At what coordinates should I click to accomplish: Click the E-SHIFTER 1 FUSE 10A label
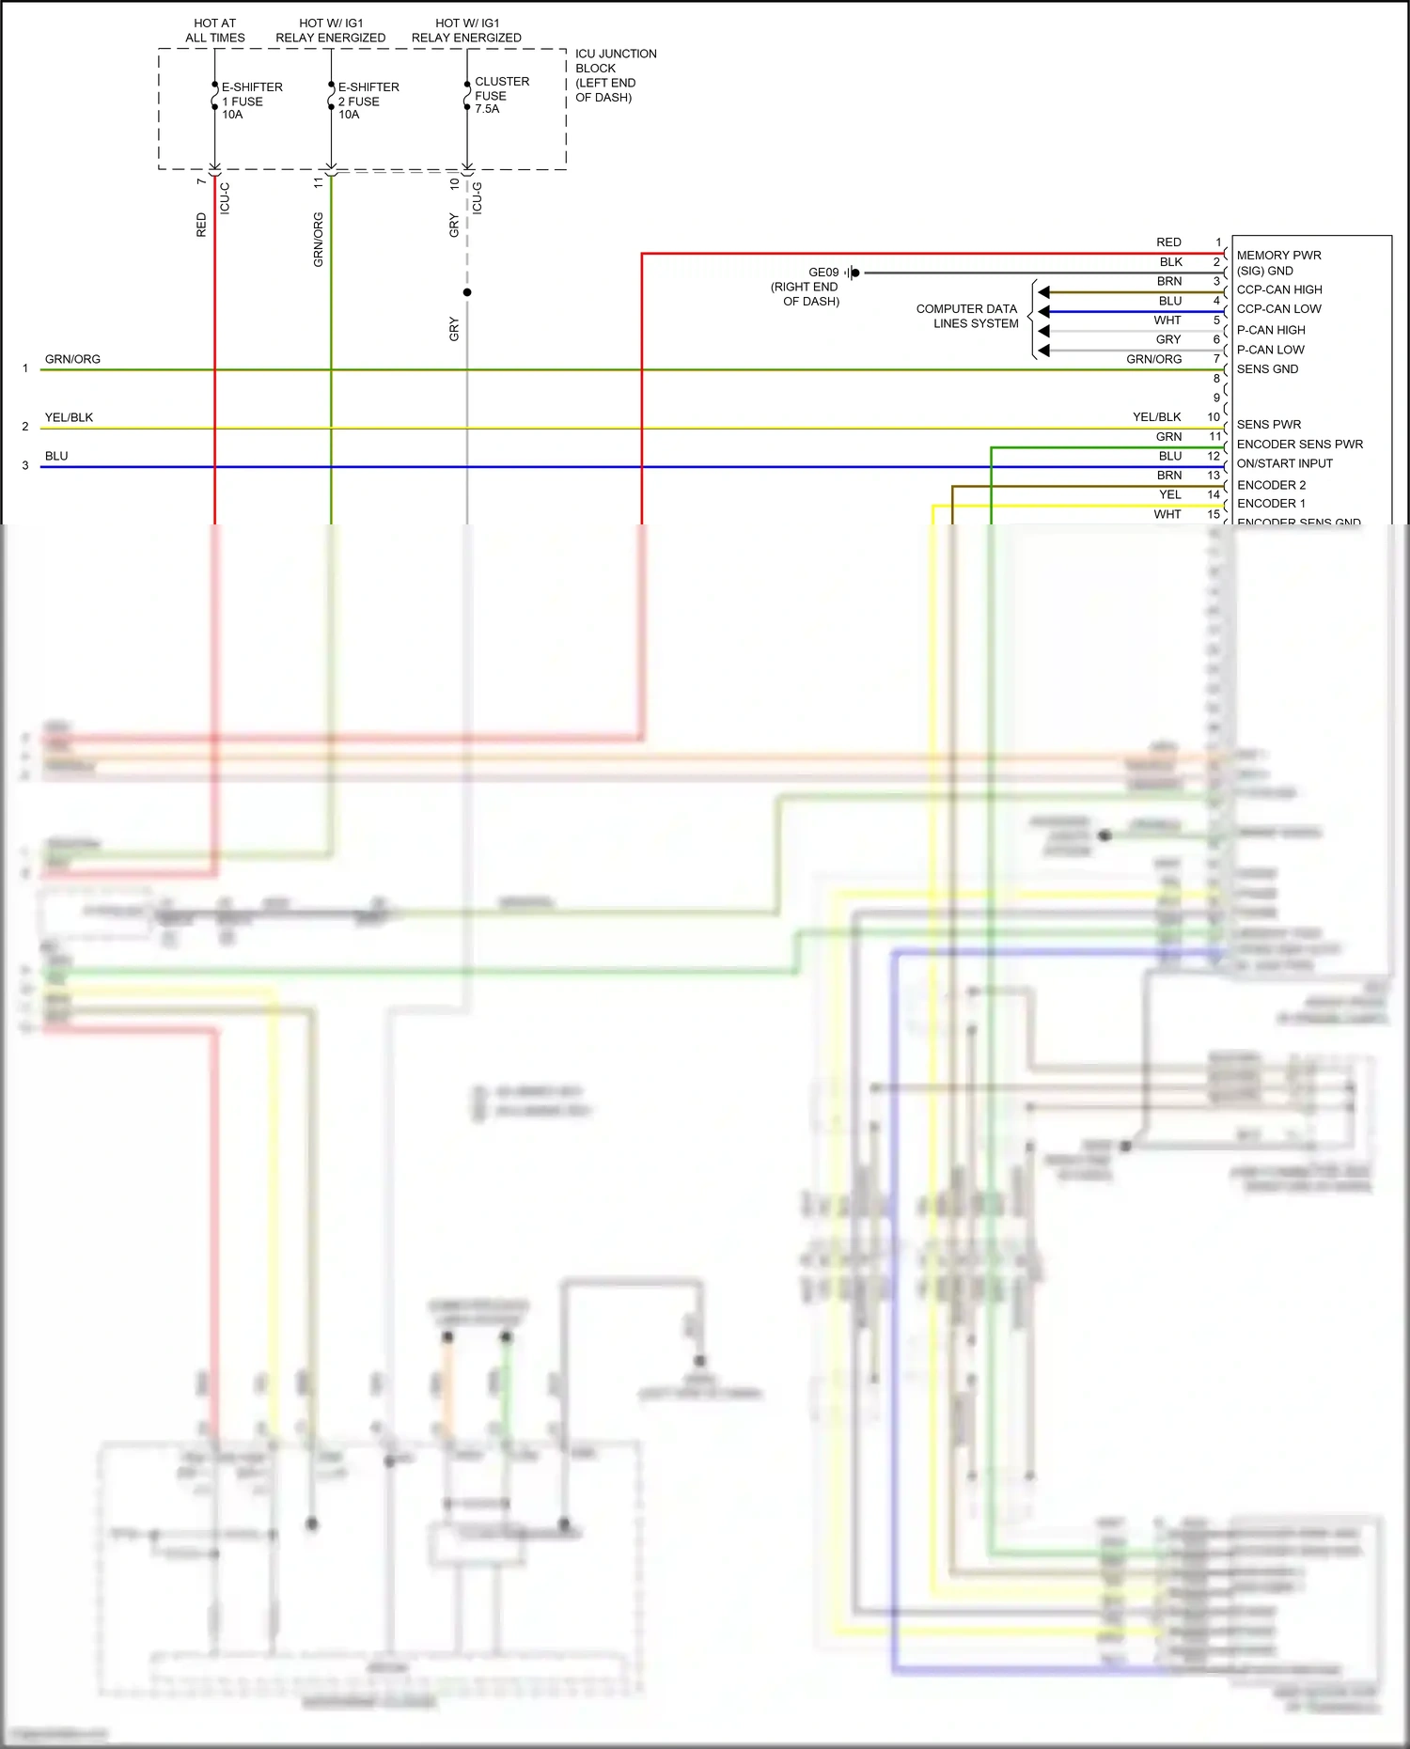[x=251, y=101]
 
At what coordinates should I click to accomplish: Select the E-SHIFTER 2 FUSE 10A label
[x=368, y=101]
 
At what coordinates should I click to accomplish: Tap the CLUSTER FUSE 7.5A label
[x=501, y=95]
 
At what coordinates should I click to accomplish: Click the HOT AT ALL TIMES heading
[x=215, y=30]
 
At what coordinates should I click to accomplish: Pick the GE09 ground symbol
[x=852, y=273]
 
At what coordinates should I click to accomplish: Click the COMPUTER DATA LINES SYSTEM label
[x=967, y=316]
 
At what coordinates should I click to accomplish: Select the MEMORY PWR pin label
[x=1278, y=255]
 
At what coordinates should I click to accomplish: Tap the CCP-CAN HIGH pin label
[x=1278, y=289]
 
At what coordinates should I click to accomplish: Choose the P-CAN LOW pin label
[x=1270, y=350]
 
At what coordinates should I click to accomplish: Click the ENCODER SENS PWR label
[x=1299, y=444]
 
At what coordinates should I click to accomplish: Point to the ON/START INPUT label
[x=1284, y=463]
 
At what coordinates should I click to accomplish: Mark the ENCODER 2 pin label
[x=1271, y=485]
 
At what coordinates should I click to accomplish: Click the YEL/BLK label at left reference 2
[x=69, y=417]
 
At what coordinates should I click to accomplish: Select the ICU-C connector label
[x=225, y=198]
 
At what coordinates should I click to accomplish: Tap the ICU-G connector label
[x=478, y=198]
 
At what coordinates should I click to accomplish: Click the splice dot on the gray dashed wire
[x=467, y=292]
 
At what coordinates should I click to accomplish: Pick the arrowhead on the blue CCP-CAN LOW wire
[x=1043, y=311]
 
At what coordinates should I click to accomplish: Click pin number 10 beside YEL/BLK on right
[x=1214, y=417]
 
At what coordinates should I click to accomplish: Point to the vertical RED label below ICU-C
[x=201, y=225]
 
